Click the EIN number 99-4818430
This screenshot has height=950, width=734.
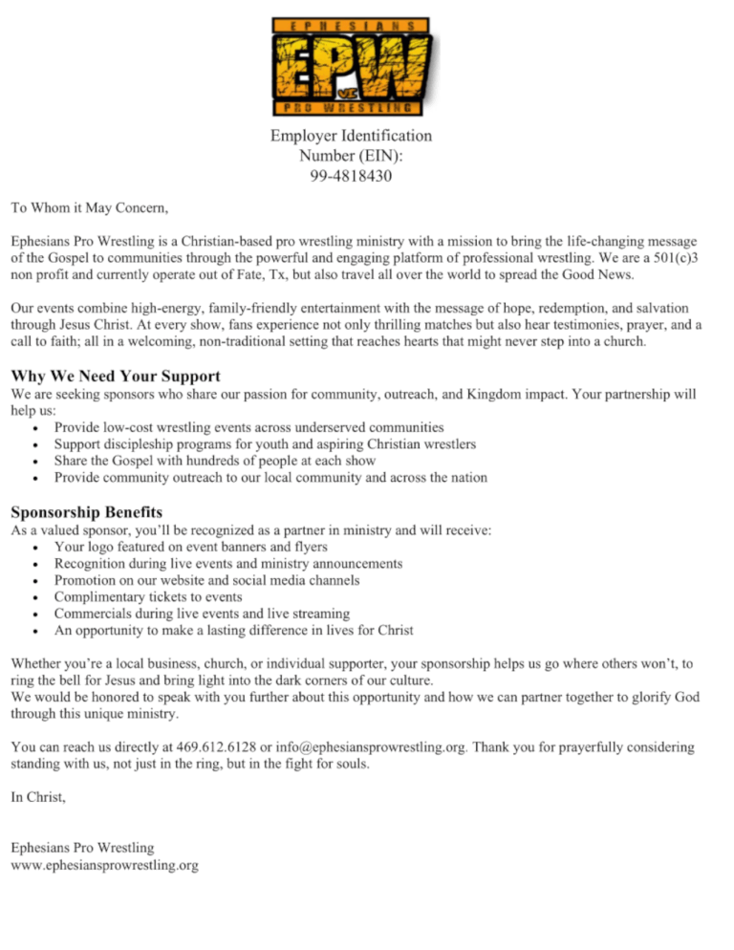coord(351,177)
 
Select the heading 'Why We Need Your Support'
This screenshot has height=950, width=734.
coord(116,376)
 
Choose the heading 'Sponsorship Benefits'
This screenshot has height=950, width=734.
coord(87,511)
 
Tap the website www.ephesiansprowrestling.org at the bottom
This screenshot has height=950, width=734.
coord(104,866)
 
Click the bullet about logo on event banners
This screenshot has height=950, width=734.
coord(190,547)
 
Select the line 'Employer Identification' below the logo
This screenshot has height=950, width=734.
coord(351,136)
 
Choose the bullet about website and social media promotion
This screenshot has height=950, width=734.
coord(207,580)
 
